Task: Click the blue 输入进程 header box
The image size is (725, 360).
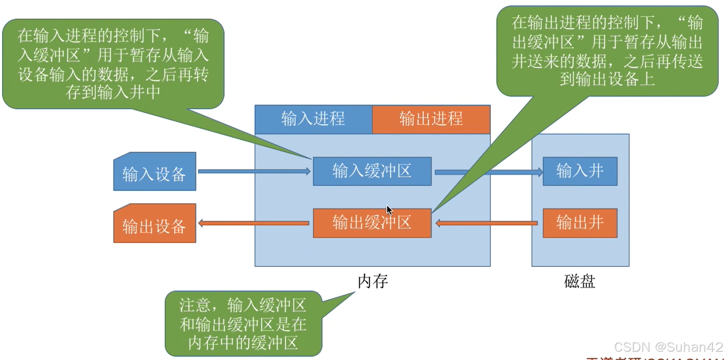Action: pos(313,119)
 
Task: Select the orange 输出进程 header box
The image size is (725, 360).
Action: pos(431,119)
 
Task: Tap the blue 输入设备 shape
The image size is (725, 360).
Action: pos(155,173)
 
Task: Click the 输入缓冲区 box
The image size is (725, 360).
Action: pos(372,171)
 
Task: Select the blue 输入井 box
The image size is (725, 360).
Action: pos(580,171)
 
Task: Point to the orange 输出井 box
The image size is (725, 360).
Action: pos(580,223)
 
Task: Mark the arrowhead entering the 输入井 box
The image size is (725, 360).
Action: pos(540,172)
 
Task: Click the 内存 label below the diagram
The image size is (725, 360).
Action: pos(373,282)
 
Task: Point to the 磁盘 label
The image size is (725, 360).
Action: pos(579,282)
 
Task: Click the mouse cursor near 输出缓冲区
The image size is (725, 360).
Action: pos(389,210)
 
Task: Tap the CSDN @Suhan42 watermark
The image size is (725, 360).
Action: pos(668,347)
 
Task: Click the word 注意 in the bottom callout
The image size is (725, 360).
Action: pos(195,305)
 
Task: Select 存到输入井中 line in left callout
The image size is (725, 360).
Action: pos(113,92)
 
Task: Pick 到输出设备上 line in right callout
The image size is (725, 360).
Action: pos(607,79)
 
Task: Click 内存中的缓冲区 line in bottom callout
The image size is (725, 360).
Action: pos(243,343)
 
